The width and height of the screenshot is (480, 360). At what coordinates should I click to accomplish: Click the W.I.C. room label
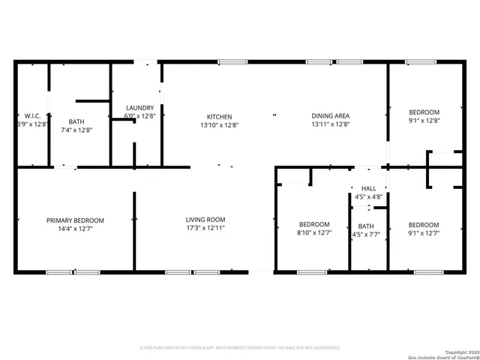[31, 116]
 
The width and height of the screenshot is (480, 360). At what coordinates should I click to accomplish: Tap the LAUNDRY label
[140, 108]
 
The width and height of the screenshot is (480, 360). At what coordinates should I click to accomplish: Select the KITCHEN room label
[220, 116]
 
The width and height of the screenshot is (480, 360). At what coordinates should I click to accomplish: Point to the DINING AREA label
[331, 116]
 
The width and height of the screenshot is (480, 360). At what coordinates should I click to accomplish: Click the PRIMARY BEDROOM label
[75, 220]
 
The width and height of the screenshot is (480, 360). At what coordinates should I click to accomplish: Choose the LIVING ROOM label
[205, 220]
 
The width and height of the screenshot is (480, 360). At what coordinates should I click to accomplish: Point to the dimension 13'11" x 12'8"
[331, 124]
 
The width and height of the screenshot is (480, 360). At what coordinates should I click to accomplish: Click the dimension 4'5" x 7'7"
[367, 234]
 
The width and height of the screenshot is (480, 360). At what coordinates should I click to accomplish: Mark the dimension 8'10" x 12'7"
[313, 232]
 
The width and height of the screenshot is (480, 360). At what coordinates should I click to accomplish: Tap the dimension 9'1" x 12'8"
[424, 120]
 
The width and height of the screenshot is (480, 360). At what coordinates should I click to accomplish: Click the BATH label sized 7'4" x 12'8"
[76, 121]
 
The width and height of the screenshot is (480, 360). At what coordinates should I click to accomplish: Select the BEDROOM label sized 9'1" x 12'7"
[424, 224]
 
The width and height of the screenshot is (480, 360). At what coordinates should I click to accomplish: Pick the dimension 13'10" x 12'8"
[220, 124]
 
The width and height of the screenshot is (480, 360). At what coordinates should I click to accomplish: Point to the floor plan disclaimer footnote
[240, 348]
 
